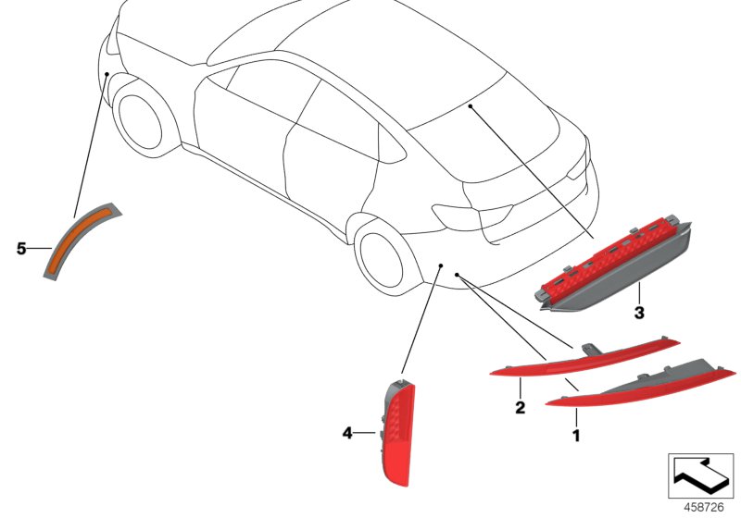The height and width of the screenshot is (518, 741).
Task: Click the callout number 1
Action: click(x=576, y=434)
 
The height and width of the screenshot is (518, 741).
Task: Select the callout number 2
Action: click(x=520, y=406)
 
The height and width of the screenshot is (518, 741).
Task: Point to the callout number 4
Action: click(x=347, y=432)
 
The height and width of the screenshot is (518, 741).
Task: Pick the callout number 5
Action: click(x=21, y=248)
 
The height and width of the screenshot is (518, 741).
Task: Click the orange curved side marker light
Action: click(x=81, y=238)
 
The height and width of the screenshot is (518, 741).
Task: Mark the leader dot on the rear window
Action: click(x=471, y=107)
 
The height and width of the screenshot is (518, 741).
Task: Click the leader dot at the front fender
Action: click(x=107, y=73)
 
